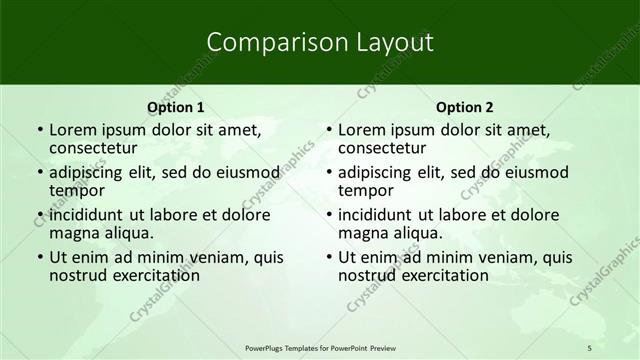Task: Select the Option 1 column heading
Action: coord(175,107)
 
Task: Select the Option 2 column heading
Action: coord(465,107)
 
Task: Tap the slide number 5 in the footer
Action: coord(589,347)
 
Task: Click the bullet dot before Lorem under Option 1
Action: coord(39,130)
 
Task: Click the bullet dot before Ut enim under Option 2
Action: coord(328,257)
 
